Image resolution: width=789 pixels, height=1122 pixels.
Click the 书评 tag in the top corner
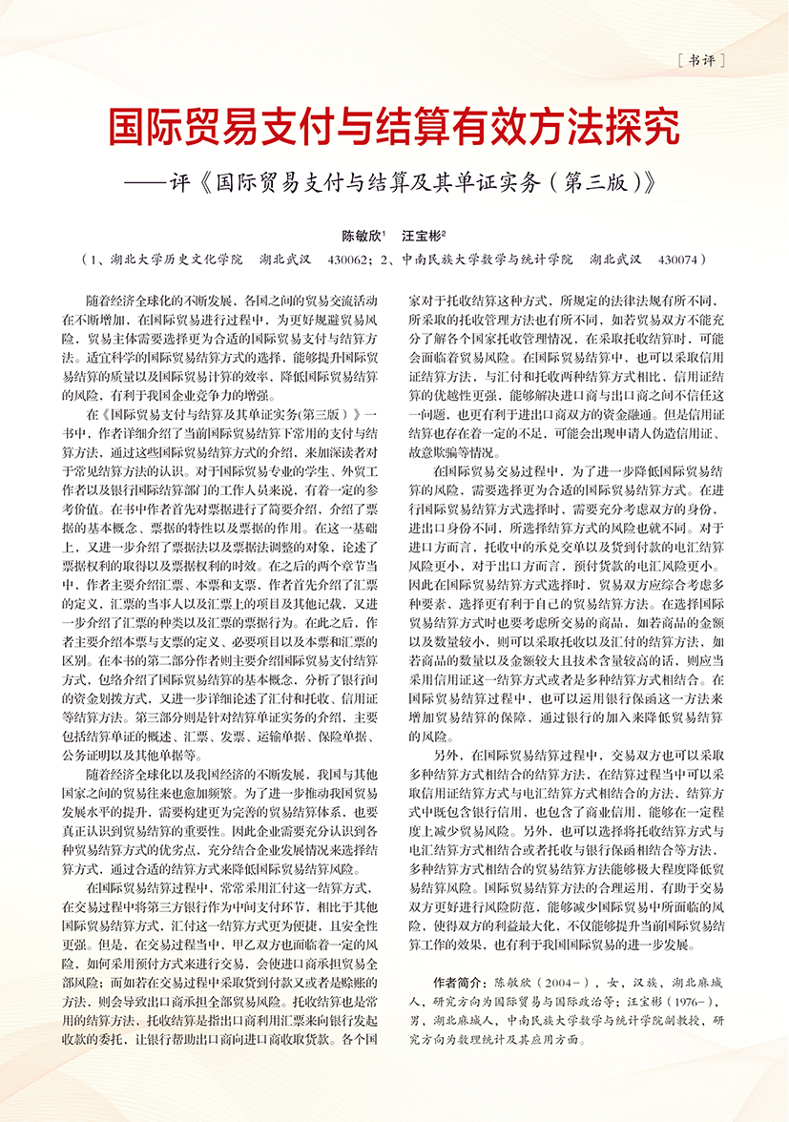701,60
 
